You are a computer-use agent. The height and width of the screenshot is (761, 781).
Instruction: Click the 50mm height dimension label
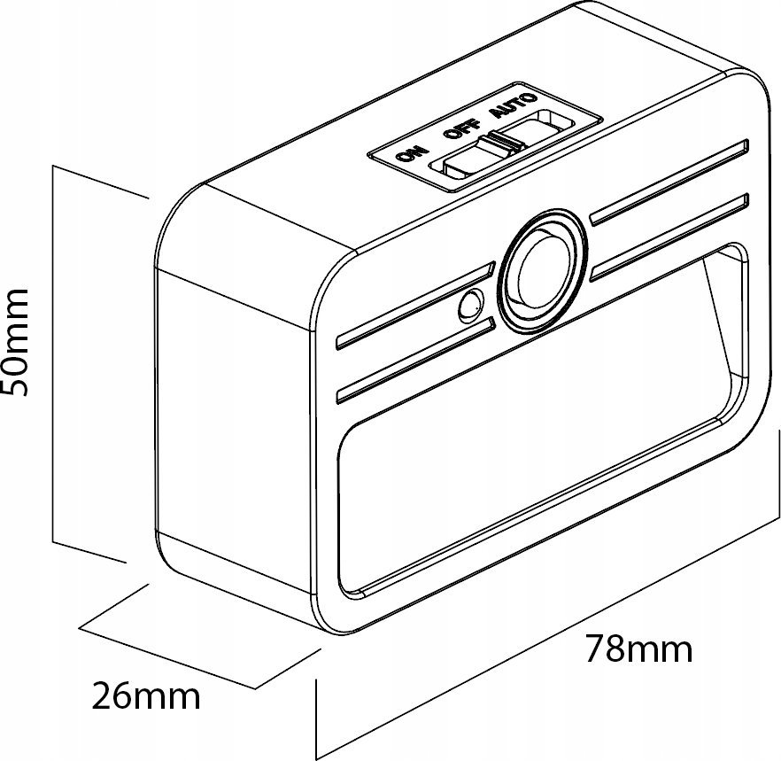(15, 341)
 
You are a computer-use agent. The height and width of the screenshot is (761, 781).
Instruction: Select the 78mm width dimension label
(638, 648)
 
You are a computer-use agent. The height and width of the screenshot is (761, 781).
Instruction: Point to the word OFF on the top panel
(463, 128)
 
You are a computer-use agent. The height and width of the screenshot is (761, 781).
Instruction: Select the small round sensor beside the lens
(471, 305)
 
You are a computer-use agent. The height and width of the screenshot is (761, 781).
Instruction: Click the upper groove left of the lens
(416, 305)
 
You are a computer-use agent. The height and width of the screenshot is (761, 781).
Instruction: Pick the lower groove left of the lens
(416, 360)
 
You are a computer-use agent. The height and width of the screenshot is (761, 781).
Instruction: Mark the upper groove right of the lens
(669, 182)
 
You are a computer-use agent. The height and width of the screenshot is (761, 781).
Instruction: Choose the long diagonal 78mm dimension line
(549, 640)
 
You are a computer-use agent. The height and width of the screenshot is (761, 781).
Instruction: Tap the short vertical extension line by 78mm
(316, 718)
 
